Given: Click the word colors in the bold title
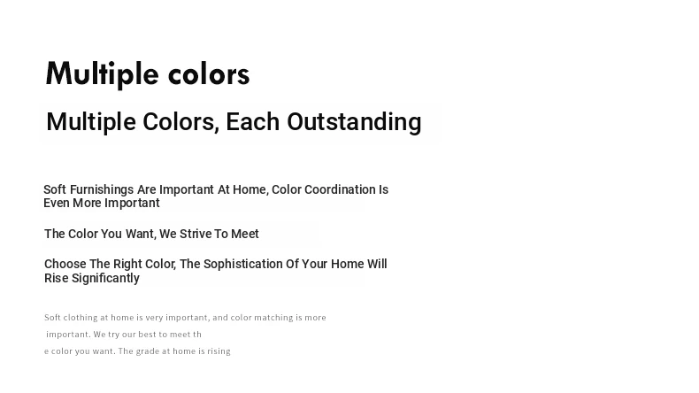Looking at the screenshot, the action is click(x=209, y=74).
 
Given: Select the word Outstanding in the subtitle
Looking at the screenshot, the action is click(x=354, y=122).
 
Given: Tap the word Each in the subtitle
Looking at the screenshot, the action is click(x=253, y=122).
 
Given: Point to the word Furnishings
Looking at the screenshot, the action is click(x=102, y=190).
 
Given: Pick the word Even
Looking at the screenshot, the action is click(x=57, y=203).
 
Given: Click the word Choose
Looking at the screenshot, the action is click(x=65, y=264).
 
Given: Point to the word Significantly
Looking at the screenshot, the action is click(x=105, y=278).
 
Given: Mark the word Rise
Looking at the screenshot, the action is click(x=56, y=278).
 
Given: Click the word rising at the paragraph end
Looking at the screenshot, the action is click(x=219, y=351).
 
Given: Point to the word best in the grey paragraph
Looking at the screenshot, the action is click(x=146, y=334).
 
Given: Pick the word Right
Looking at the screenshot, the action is click(x=127, y=264).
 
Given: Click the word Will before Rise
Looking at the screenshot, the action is click(x=377, y=264).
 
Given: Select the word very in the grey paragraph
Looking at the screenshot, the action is click(x=154, y=318).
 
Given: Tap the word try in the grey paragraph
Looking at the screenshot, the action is click(x=113, y=335).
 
